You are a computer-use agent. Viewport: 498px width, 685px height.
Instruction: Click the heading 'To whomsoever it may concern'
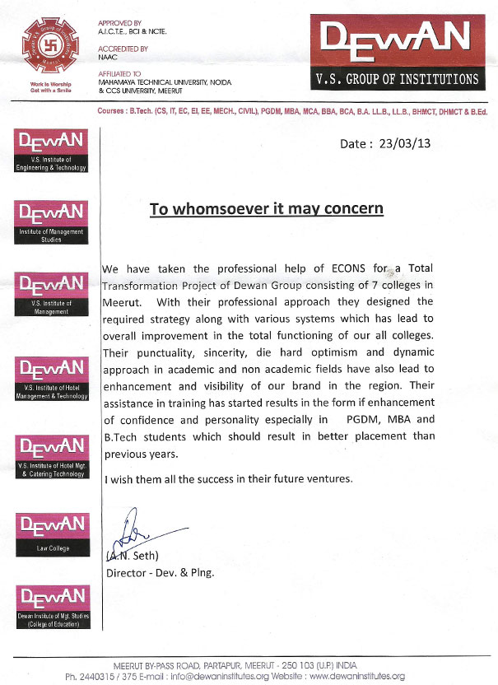click(266, 208)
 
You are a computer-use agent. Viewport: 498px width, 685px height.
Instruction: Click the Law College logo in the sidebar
click(51, 533)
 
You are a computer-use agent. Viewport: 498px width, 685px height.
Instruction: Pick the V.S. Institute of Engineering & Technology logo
click(51, 151)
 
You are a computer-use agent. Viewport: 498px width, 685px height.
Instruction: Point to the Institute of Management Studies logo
click(51, 222)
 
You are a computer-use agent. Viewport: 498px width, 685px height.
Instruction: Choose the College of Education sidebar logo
click(51, 607)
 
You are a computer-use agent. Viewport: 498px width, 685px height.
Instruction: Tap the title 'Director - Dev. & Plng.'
click(161, 573)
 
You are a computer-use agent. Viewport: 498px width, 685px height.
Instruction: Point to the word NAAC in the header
click(108, 58)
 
